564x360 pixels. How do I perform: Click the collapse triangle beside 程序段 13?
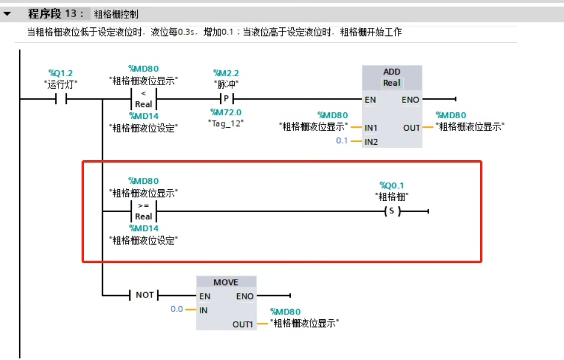(8, 13)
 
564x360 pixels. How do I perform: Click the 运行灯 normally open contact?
(61, 99)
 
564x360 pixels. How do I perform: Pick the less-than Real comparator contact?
(143, 99)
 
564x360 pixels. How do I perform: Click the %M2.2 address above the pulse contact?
(226, 73)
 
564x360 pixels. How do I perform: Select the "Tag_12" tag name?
(226, 122)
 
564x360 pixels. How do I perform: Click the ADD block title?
(391, 72)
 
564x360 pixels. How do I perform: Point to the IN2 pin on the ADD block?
(371, 142)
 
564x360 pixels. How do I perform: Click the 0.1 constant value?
(342, 141)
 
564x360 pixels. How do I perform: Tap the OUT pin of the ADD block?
(411, 128)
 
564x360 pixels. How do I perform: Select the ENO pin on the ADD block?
(410, 100)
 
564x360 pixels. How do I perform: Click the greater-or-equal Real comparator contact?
(143, 211)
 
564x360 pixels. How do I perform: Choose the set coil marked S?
(390, 212)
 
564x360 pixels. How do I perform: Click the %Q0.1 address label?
(391, 186)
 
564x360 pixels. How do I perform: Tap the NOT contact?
(144, 294)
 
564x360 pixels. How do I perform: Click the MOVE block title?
(226, 282)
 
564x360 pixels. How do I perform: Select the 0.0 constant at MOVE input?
(176, 309)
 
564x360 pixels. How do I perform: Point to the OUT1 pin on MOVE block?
(243, 324)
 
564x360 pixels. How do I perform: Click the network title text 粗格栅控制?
(116, 14)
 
